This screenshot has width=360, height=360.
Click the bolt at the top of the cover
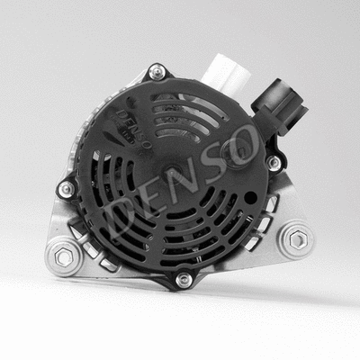[157, 71]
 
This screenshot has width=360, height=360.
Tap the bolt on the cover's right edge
[273, 163]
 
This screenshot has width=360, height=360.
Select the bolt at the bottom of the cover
[184, 280]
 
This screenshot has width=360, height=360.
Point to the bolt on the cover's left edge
[65, 189]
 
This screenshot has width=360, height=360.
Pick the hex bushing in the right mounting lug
[298, 239]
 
